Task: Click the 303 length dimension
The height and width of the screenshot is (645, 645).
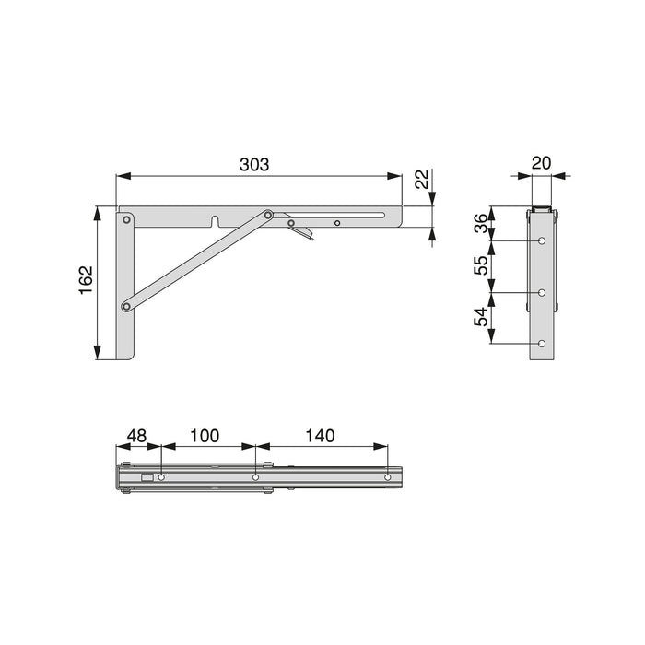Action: [254, 165]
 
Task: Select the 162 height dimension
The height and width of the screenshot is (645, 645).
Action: [85, 278]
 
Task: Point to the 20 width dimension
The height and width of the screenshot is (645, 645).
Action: [542, 163]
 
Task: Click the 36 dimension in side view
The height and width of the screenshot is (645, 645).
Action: [479, 224]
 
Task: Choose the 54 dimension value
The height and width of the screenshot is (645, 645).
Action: [479, 318]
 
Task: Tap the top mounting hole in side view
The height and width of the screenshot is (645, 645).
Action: [542, 241]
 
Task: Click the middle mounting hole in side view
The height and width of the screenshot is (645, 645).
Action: [542, 293]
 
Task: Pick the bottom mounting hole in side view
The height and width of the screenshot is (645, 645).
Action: [542, 344]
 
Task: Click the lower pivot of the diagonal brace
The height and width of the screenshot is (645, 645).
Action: [126, 306]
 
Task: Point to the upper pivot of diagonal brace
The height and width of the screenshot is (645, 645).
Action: [268, 217]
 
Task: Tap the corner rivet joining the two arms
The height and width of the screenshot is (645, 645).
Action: [126, 220]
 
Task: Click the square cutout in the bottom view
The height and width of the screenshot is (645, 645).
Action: [147, 477]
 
